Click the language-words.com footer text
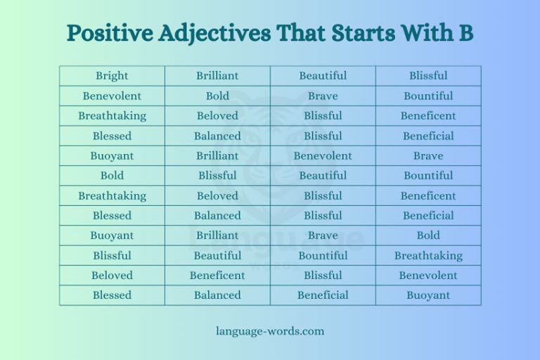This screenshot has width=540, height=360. [270, 330]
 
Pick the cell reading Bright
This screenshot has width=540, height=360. [112, 76]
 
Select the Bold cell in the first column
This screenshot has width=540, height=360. [112, 176]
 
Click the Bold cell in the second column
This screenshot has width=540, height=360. [217, 96]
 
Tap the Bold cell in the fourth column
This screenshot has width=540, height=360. [428, 236]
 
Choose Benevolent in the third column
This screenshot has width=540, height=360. [323, 156]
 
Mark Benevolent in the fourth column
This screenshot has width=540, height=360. [428, 276]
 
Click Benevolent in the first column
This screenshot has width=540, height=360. [112, 96]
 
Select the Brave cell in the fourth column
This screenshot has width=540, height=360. [428, 156]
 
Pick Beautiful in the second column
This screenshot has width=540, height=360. [217, 256]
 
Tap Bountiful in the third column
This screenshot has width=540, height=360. [323, 256]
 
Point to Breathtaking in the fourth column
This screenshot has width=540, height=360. [428, 256]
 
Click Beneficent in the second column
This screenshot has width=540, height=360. [217, 276]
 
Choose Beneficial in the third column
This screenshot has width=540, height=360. [323, 295]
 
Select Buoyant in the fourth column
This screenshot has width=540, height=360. [428, 295]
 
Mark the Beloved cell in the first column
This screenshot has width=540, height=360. [112, 276]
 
